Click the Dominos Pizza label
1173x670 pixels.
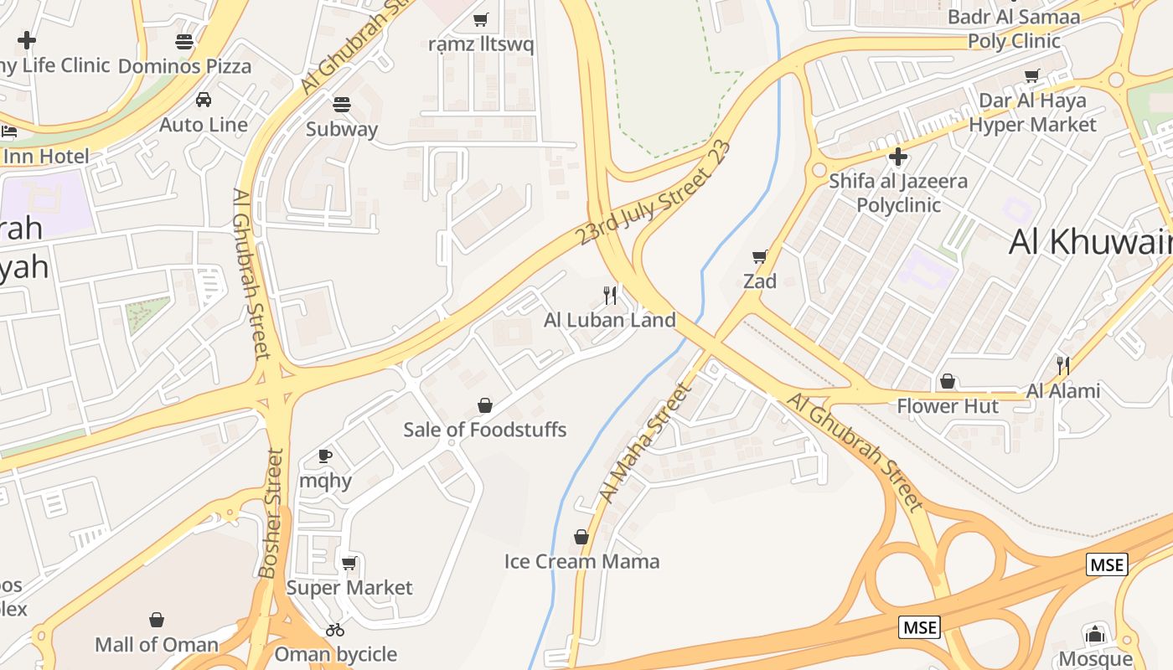coord(184,65)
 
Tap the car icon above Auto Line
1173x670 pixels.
coord(204,100)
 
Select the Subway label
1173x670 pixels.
coord(341,129)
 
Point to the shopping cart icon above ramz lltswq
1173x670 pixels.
coord(481,19)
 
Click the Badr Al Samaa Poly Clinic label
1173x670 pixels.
coord(1014,28)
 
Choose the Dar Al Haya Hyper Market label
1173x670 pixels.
coord(1032,112)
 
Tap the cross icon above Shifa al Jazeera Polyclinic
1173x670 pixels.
coord(898,157)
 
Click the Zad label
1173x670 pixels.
coord(760,281)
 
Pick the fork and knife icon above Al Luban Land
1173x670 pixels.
coord(610,295)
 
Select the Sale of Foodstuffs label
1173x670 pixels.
coord(485,430)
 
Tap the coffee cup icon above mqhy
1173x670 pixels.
coord(325,456)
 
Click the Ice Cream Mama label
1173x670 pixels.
coord(581,561)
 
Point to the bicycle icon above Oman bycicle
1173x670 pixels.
coord(335,629)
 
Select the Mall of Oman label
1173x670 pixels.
coord(157,645)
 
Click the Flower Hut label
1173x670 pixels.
coord(948,406)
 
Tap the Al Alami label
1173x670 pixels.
coord(1063,390)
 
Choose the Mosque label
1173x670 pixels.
coord(1095,659)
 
